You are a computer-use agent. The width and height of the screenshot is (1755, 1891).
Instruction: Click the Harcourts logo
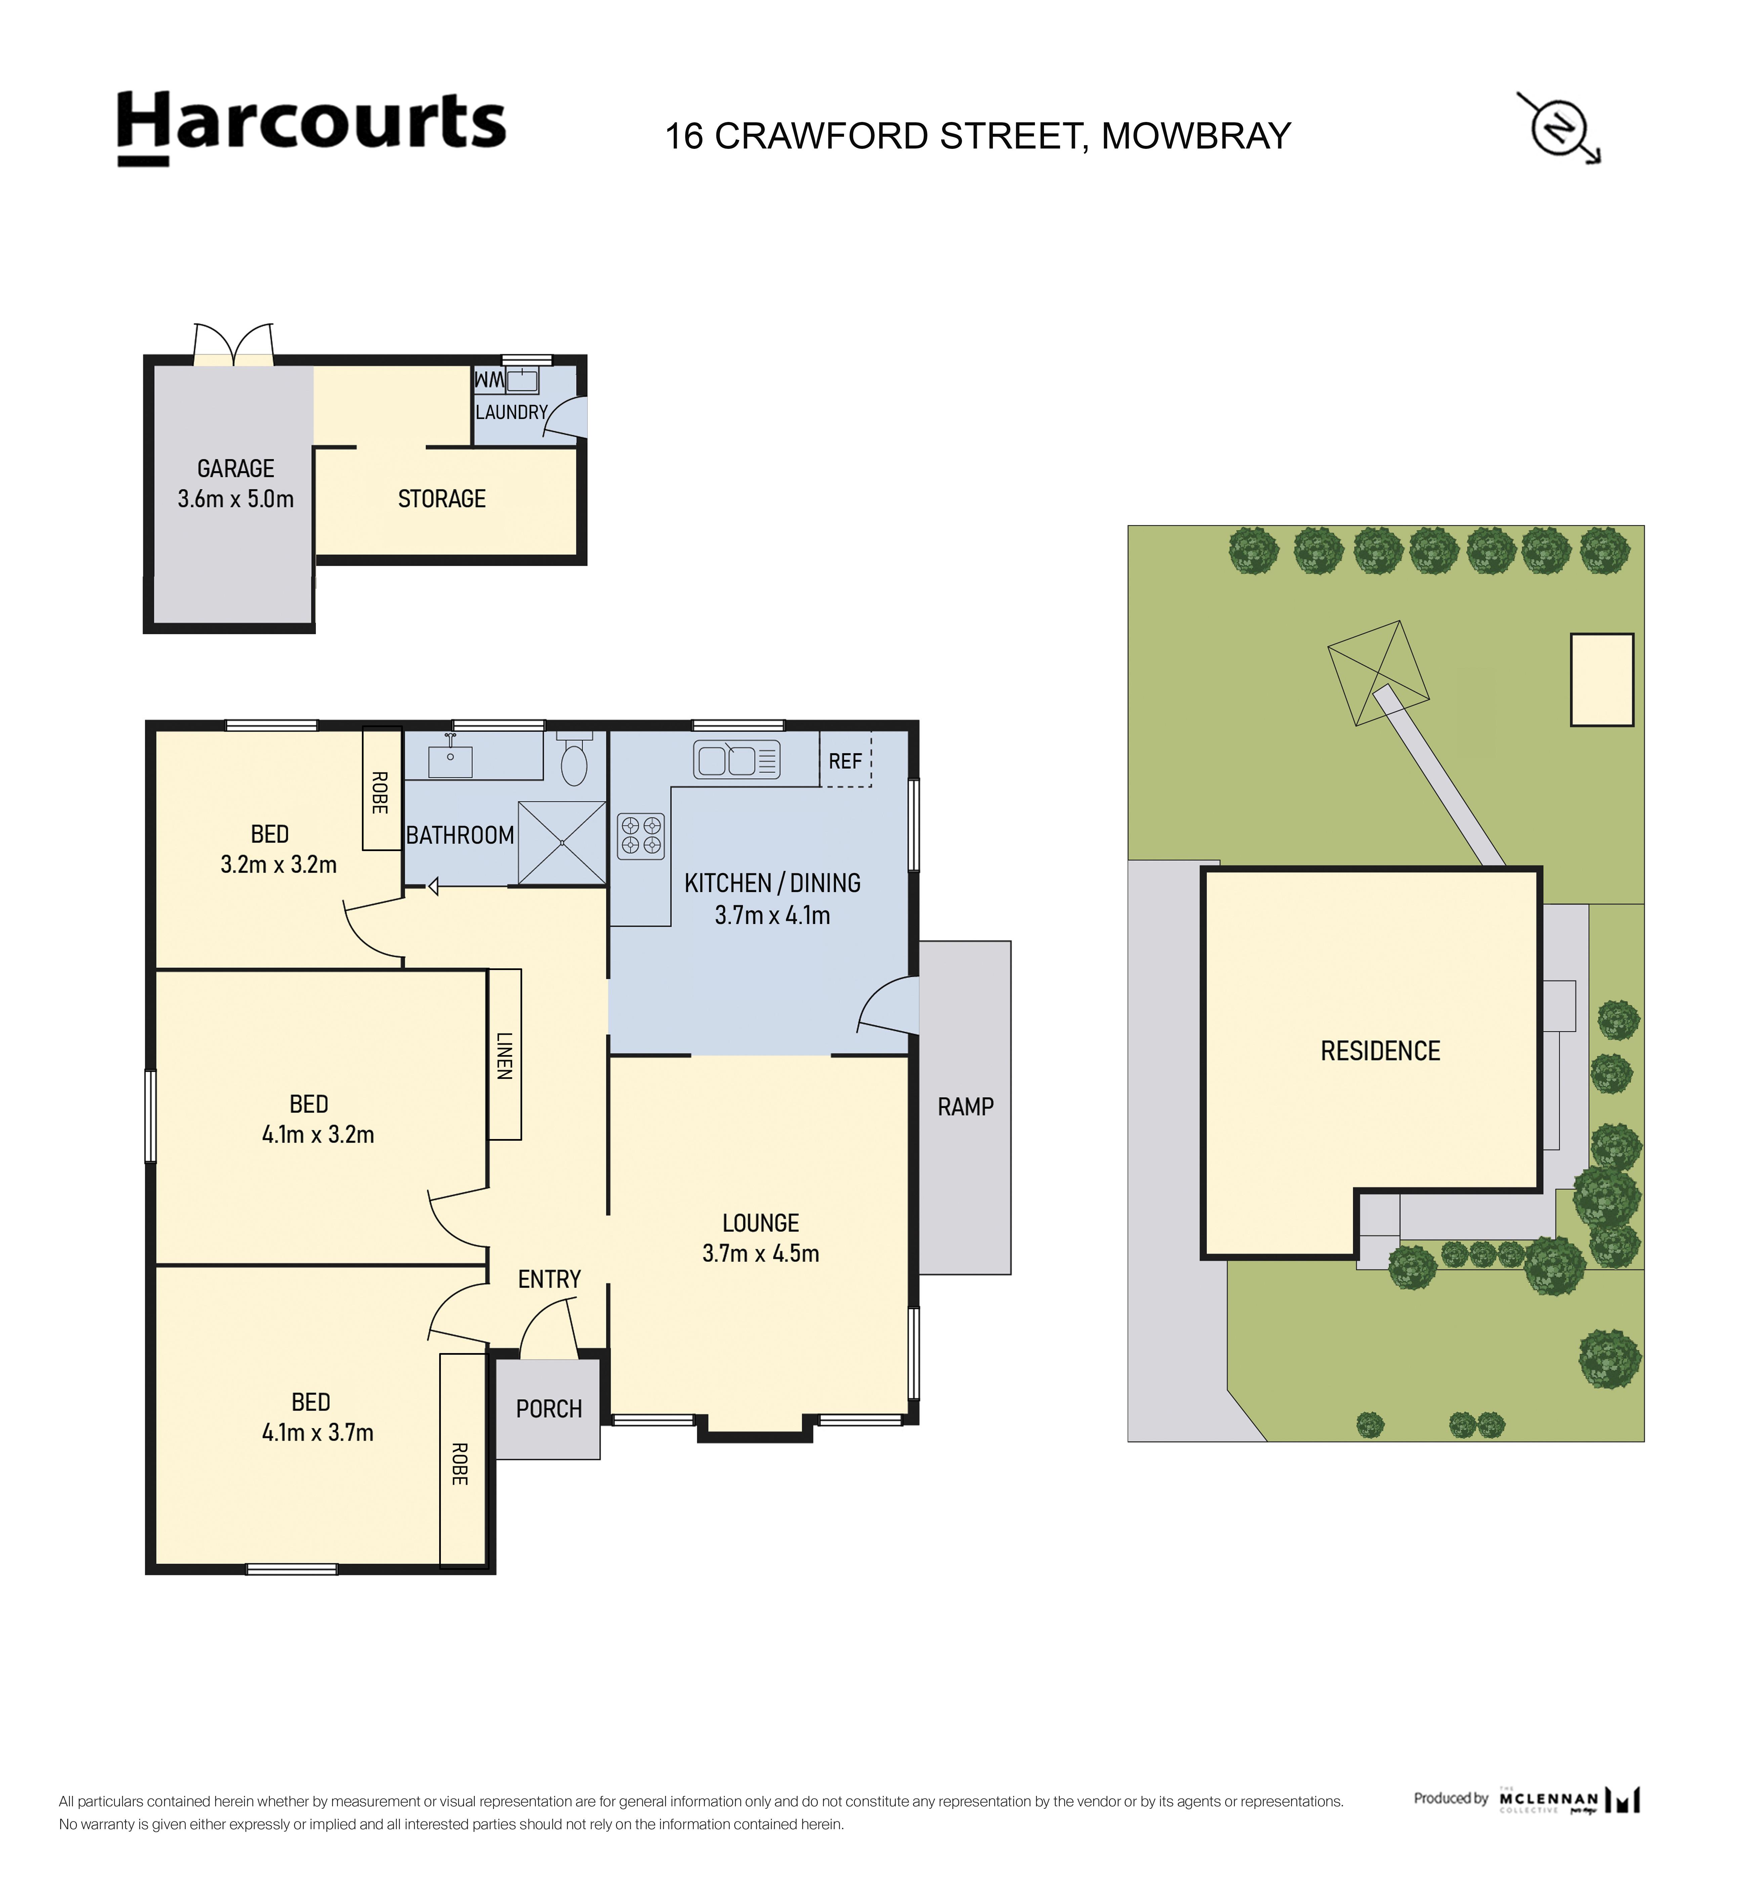[x=311, y=128]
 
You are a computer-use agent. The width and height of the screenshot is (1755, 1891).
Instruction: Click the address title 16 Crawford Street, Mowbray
[x=977, y=136]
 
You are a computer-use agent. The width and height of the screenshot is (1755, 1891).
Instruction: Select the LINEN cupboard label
[x=504, y=1055]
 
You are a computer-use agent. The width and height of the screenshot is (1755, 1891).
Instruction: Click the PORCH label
[x=549, y=1409]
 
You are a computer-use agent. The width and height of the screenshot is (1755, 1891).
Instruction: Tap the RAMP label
[x=965, y=1106]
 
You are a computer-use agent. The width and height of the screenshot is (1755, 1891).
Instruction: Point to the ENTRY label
[x=549, y=1279]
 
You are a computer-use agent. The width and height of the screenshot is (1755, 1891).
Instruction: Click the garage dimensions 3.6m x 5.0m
[x=236, y=499]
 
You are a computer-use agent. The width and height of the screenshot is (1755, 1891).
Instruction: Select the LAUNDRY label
[x=512, y=412]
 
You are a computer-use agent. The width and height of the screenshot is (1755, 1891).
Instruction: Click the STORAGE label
[x=442, y=499]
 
